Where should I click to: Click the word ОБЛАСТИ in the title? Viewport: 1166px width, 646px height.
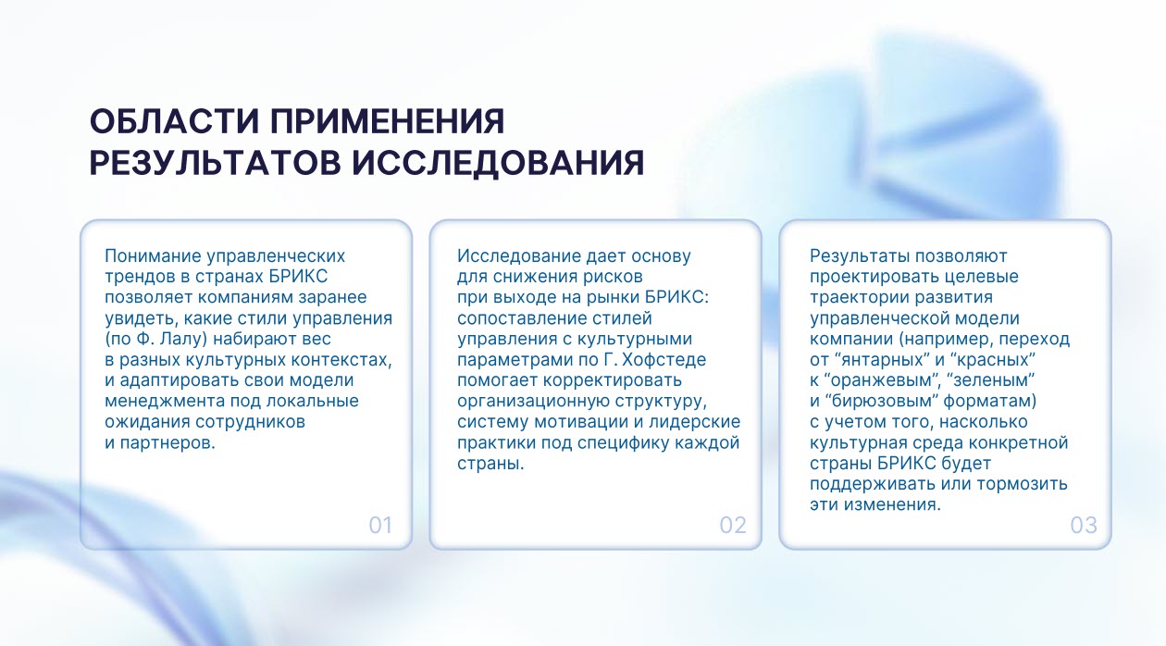point(174,122)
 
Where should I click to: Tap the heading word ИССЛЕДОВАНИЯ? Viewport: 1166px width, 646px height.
point(498,162)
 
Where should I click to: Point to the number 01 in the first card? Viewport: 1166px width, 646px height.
point(380,526)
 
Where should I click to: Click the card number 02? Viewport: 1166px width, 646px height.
point(733,526)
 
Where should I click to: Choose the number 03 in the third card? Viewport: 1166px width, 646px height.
point(1084,526)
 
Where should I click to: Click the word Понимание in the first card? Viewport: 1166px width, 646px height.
point(153,256)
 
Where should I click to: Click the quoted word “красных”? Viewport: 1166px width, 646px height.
point(993,360)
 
